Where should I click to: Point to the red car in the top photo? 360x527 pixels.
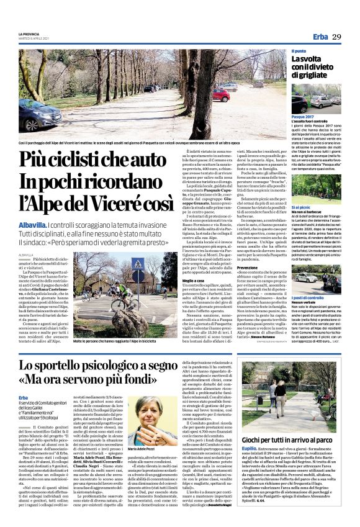click(222, 95)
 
